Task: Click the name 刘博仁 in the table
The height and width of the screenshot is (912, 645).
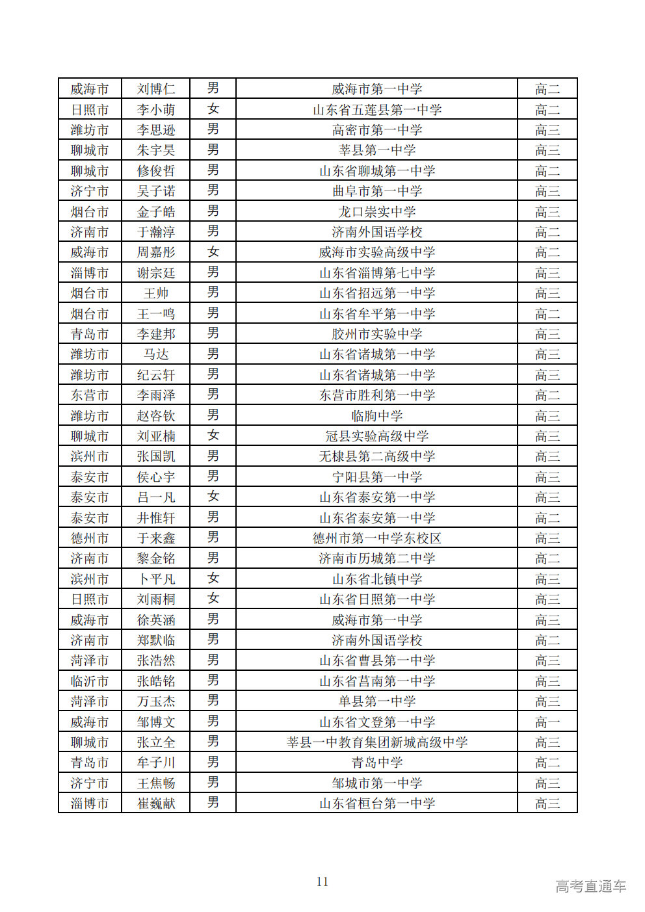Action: pyautogui.click(x=156, y=89)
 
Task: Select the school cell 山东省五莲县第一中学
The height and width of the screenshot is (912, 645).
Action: pyautogui.click(x=377, y=110)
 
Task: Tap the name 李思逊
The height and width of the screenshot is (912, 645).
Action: pyautogui.click(x=156, y=130)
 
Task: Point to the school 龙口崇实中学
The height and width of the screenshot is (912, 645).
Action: pyautogui.click(x=377, y=212)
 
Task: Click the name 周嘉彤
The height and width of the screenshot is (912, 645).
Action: pyautogui.click(x=156, y=252)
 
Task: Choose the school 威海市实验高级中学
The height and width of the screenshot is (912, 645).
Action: pyautogui.click(x=377, y=252)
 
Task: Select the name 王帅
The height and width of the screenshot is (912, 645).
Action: pyautogui.click(x=156, y=293)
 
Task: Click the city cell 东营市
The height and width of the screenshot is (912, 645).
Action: pyautogui.click(x=90, y=395)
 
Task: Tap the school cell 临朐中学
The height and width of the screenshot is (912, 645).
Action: pyautogui.click(x=377, y=416)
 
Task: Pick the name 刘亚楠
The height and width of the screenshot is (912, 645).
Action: pyautogui.click(x=156, y=436)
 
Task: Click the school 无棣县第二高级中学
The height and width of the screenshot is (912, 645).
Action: pyautogui.click(x=377, y=456)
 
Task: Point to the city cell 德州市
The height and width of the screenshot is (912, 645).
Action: pyautogui.click(x=90, y=538)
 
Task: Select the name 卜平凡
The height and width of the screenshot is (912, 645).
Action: pyautogui.click(x=156, y=579)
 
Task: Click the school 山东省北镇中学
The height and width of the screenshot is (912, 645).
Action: pyautogui.click(x=377, y=579)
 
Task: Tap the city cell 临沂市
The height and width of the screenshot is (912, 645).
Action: pyautogui.click(x=90, y=681)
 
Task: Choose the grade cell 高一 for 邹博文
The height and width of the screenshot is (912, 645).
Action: pyautogui.click(x=547, y=722)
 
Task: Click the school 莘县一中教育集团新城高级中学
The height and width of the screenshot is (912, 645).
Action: pyautogui.click(x=377, y=742)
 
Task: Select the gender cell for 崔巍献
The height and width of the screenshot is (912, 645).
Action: pyautogui.click(x=213, y=803)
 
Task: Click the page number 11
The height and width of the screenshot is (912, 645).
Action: pyautogui.click(x=322, y=882)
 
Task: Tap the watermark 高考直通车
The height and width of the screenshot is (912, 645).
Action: pyautogui.click(x=590, y=886)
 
